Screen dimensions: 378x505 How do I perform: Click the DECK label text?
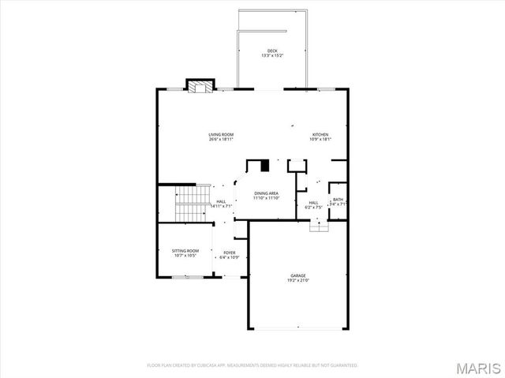click(271, 51)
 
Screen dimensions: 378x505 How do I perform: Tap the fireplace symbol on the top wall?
click(199, 85)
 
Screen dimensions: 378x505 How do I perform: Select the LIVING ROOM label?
click(221, 134)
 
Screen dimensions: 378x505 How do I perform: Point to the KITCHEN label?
click(320, 134)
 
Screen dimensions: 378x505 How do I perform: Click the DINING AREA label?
click(266, 193)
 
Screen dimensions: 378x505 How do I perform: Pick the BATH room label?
click(338, 200)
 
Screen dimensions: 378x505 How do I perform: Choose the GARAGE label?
click(297, 275)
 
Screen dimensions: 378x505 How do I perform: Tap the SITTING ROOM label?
click(185, 250)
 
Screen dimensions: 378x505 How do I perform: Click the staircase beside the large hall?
click(192, 204)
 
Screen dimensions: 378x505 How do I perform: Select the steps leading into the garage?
click(318, 226)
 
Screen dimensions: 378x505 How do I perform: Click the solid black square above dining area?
click(265, 166)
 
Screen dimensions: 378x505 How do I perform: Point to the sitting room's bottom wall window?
click(186, 277)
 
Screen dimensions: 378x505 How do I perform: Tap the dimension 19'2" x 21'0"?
click(297, 280)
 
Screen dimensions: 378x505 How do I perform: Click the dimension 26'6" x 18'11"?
click(221, 139)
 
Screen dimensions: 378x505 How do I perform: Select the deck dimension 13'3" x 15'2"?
click(271, 55)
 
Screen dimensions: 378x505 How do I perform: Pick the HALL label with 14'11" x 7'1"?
click(222, 201)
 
